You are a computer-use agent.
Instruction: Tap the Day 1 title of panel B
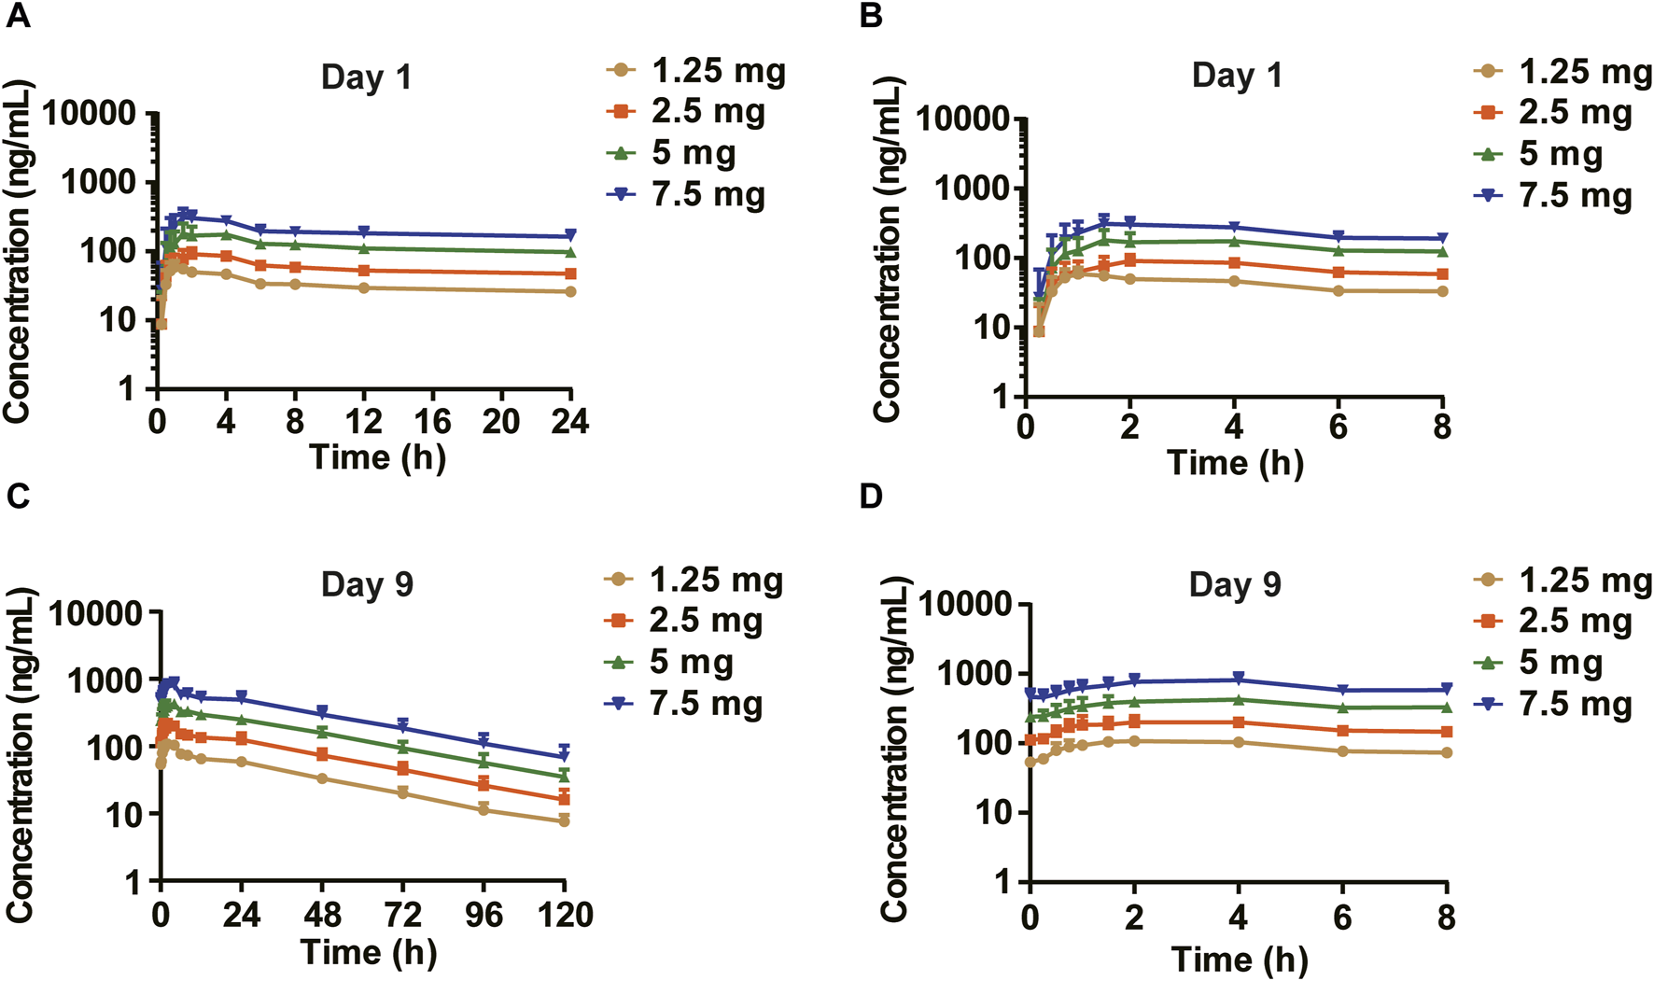coord(1237,75)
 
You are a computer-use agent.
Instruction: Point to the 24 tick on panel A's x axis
coord(569,422)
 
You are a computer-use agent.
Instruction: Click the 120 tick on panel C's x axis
coord(564,915)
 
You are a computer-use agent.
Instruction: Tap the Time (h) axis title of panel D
coord(1239,959)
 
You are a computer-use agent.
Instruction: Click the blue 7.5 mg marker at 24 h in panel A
coord(570,236)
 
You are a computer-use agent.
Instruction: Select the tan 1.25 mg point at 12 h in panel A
coord(364,288)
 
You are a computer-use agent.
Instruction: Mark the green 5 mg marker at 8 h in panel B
coord(1442,251)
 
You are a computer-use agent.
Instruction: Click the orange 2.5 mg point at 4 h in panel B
coord(1234,263)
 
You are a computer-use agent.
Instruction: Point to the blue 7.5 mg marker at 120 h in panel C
coord(564,755)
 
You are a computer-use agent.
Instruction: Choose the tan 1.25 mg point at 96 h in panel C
coord(484,809)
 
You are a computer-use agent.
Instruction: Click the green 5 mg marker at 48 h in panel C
coord(322,732)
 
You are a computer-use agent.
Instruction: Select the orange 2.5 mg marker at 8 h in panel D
coord(1446,732)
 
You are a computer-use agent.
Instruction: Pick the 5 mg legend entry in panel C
coord(691,663)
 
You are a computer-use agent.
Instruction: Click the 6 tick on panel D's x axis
coord(1341,918)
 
